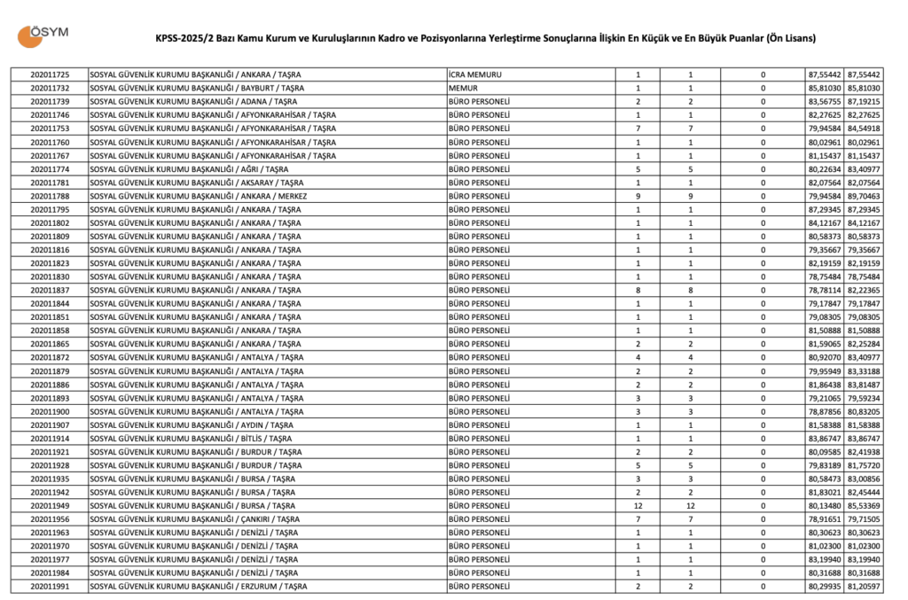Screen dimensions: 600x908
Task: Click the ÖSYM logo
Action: click(x=42, y=35)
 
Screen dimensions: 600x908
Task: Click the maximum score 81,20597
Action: click(x=864, y=587)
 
